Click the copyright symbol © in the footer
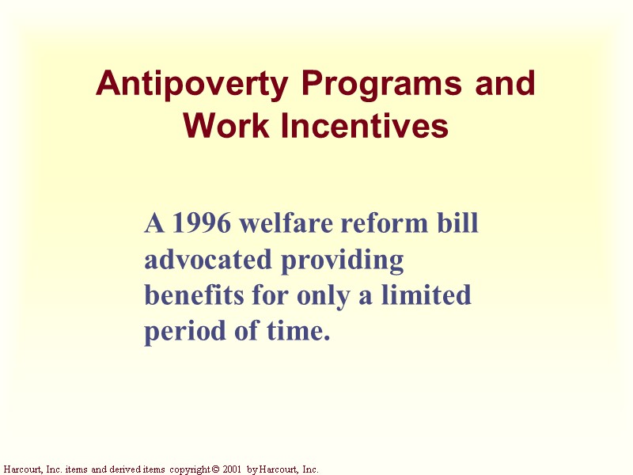[x=214, y=469]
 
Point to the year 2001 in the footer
[x=232, y=469]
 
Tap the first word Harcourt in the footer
[x=23, y=469]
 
